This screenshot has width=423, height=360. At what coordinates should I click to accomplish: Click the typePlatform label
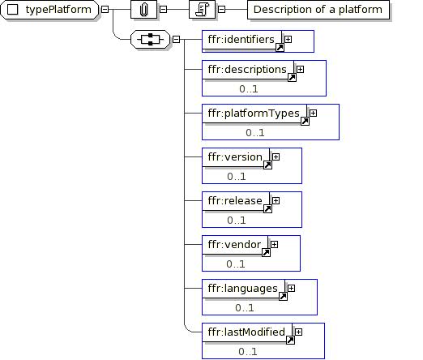58,10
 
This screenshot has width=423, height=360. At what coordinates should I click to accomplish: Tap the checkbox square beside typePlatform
12,10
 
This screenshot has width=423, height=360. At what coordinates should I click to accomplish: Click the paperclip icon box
143,10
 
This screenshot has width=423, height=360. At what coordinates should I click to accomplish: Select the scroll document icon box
203,10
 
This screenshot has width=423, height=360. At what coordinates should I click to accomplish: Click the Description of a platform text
318,10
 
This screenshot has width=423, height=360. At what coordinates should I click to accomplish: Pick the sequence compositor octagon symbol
150,40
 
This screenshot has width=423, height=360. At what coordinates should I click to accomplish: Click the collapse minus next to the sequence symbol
176,40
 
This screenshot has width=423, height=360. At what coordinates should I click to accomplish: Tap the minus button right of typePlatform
105,10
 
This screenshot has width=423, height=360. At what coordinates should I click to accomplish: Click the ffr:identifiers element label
241,40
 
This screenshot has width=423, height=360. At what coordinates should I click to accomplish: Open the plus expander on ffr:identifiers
288,40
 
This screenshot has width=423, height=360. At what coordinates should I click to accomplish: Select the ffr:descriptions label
247,70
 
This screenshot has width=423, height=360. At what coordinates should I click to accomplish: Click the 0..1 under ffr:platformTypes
255,133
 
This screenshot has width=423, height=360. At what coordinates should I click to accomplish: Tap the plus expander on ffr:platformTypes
313,114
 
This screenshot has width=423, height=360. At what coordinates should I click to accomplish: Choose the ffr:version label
235,157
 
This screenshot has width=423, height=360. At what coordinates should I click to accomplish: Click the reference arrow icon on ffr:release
267,209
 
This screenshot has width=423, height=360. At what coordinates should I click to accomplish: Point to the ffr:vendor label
234,245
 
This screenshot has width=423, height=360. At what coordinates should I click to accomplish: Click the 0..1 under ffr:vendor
236,264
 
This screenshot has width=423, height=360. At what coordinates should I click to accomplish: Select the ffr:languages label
243,289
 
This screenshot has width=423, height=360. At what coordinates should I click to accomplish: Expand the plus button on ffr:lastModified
298,332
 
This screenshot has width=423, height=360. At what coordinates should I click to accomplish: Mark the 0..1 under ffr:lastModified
248,352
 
